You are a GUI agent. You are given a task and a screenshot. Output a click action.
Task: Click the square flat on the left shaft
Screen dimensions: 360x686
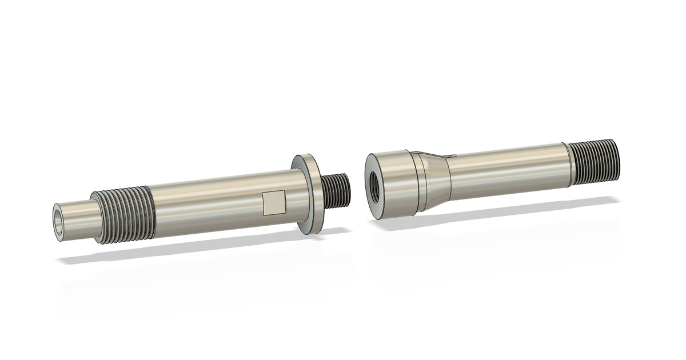coord(274,203)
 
